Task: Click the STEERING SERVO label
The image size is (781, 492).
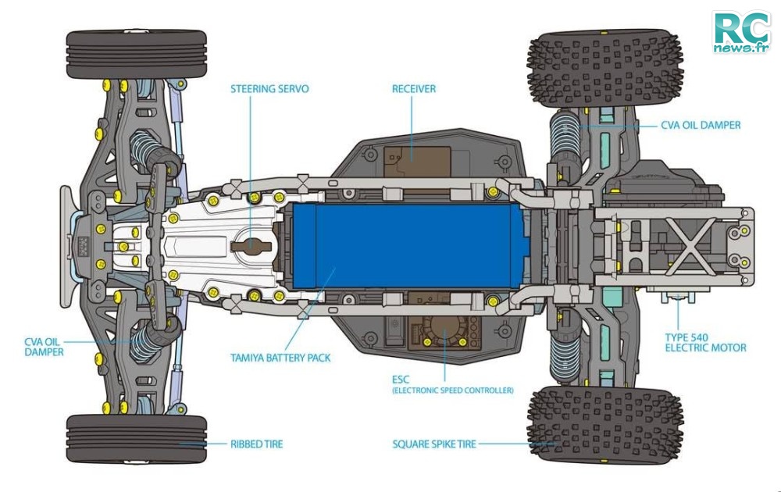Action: (x=269, y=89)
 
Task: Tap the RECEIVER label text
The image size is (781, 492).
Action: (x=413, y=89)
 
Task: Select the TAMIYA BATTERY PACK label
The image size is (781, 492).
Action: (x=280, y=358)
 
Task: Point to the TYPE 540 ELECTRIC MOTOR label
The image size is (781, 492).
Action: (x=705, y=343)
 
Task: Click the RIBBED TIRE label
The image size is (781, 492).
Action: (x=256, y=444)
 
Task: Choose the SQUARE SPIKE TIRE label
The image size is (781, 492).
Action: (x=434, y=444)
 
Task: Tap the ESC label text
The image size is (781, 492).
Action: (x=401, y=380)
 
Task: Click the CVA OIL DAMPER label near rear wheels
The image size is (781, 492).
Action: (x=701, y=126)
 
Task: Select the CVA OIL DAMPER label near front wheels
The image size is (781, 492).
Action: (x=45, y=347)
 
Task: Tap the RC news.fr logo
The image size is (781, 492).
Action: (x=742, y=32)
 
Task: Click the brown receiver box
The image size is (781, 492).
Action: (x=417, y=160)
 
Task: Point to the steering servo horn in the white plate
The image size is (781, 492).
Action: (x=251, y=245)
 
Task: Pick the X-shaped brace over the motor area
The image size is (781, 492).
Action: (x=689, y=246)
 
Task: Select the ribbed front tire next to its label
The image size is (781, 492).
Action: (x=136, y=439)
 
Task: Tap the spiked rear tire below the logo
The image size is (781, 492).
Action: (x=605, y=69)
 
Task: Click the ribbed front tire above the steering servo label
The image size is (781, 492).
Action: (x=136, y=55)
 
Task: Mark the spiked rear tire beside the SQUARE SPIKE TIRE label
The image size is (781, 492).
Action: (x=605, y=424)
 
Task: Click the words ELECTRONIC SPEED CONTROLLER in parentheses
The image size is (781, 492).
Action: (x=453, y=390)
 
